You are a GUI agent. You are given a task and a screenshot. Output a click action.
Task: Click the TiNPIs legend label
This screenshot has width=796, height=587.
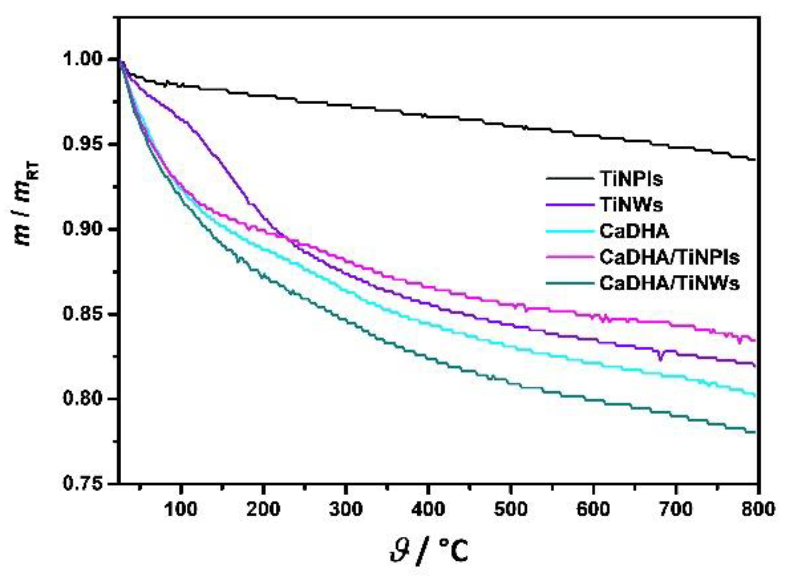point(631,179)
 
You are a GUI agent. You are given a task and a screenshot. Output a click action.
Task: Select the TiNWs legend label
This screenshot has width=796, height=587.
point(631,205)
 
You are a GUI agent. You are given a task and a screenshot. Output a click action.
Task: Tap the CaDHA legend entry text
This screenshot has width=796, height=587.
point(634,231)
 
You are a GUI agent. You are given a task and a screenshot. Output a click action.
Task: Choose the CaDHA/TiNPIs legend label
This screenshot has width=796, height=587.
point(669,257)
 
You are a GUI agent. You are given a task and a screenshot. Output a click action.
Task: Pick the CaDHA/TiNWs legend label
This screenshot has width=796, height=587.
point(669,283)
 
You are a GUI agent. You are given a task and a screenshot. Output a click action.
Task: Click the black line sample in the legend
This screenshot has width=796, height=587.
point(570,179)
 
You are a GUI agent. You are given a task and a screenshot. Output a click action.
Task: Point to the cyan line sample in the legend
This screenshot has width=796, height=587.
point(570,231)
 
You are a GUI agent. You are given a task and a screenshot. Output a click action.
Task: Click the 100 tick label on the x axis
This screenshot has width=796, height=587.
point(181,509)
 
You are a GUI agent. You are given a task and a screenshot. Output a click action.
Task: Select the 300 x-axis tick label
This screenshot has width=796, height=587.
point(346,509)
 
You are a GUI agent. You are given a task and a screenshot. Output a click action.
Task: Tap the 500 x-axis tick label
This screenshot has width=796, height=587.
point(511,509)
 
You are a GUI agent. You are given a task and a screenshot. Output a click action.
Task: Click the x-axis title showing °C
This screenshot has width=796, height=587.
point(429,551)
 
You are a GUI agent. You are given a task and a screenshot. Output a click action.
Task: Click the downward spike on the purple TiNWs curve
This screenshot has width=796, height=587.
point(660,356)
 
